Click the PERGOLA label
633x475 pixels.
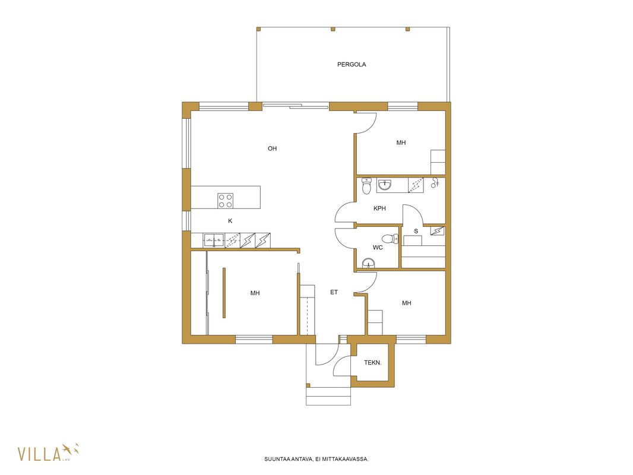coord(352,65)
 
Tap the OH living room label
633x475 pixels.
coord(273,148)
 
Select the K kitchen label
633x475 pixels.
coord(230,221)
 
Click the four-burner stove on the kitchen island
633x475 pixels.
coord(225,201)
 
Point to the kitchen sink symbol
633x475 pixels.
coord(214,240)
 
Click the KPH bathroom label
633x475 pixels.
coord(379,208)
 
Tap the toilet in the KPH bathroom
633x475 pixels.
coord(366,186)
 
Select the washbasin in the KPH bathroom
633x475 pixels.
coord(385,185)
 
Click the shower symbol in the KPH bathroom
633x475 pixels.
coord(435,183)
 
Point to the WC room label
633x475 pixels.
coord(378,248)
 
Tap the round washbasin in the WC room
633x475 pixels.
coord(369,264)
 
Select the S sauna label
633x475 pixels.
coord(416,231)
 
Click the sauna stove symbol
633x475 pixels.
coord(438,231)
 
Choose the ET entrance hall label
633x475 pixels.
coord(334,292)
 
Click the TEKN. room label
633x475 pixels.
coord(372,363)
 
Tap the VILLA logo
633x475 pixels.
coord(48,452)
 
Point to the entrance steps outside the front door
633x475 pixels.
coord(328,396)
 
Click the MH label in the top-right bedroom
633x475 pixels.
coord(401,143)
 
